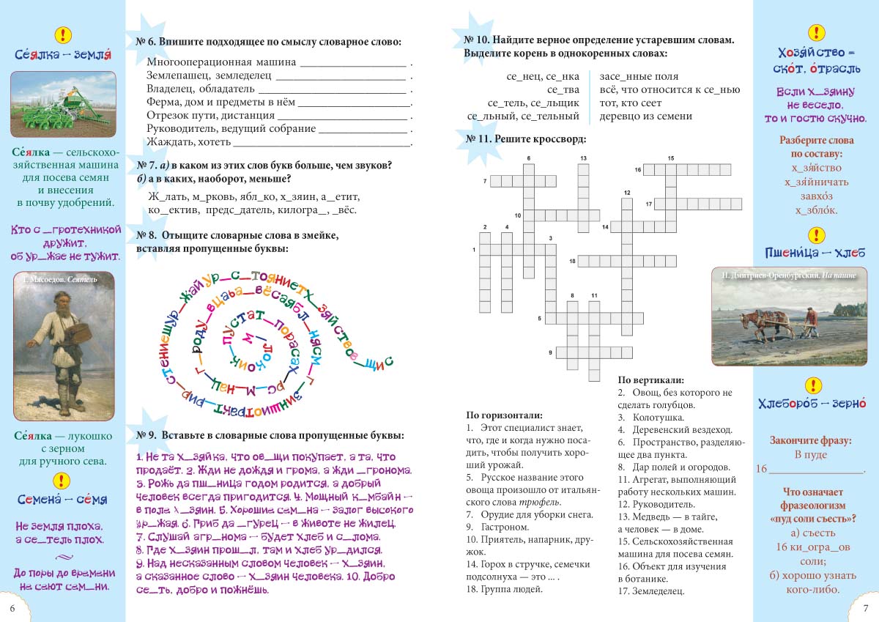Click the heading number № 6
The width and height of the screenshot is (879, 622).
point(146,42)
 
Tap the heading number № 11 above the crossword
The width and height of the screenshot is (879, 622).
point(477,138)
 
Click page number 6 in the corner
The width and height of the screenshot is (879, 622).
point(12,609)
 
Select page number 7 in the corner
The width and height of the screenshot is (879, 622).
point(866,609)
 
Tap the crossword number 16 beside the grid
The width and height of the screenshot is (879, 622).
point(638,170)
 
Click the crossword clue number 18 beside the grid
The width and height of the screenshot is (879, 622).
point(572,261)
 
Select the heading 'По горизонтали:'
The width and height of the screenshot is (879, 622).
point(504,415)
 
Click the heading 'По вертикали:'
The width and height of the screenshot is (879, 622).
point(651,380)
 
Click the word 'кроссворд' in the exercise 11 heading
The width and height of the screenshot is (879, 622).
point(563,138)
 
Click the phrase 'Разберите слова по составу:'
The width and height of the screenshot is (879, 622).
point(810,147)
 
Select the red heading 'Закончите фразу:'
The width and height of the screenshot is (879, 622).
point(810,440)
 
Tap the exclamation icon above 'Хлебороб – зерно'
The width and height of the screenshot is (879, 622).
point(812,385)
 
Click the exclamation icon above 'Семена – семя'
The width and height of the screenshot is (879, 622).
point(63,480)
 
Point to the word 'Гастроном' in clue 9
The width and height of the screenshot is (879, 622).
point(505,527)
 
